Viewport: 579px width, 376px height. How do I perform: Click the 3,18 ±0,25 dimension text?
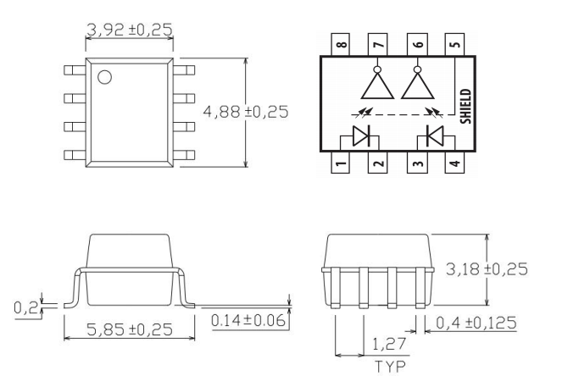tap(487, 268)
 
